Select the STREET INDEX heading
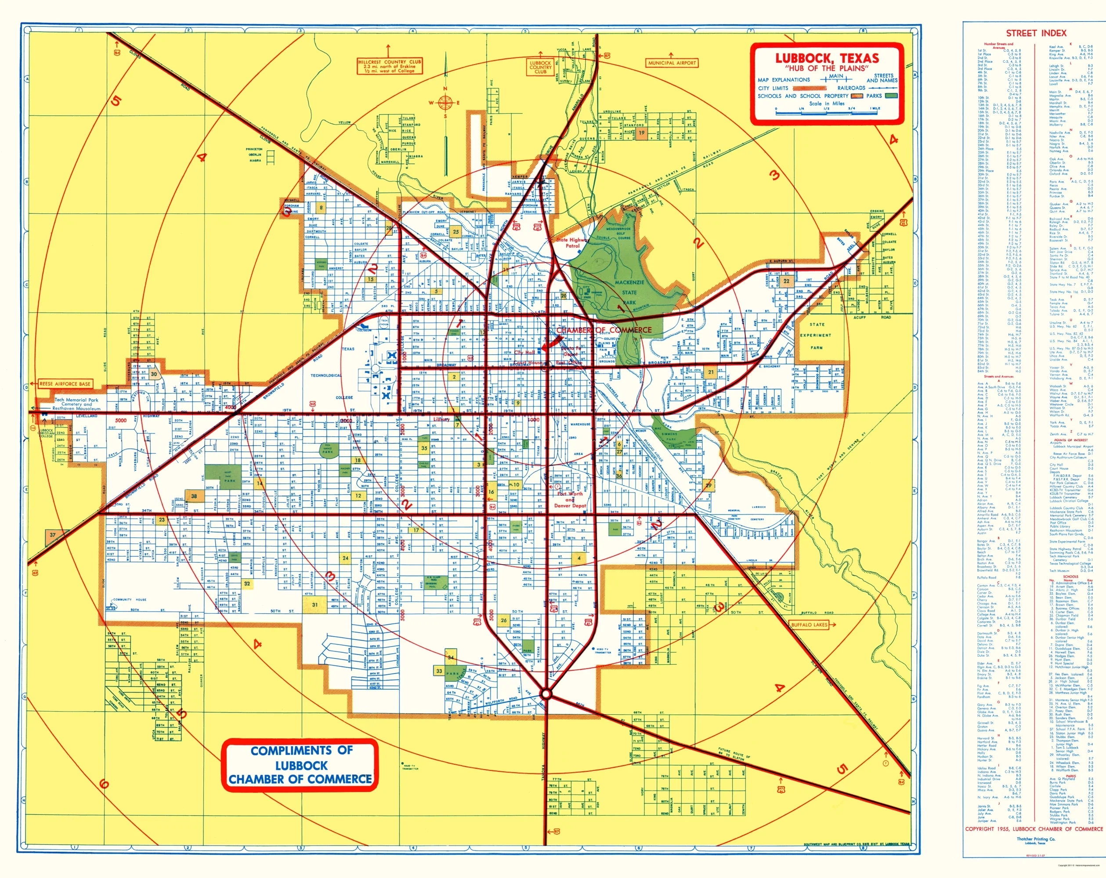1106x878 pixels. click(1036, 33)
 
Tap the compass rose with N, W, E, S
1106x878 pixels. click(445, 103)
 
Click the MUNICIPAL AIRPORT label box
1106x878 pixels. click(672, 63)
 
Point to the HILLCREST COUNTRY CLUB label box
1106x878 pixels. click(389, 66)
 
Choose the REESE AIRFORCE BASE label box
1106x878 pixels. click(65, 384)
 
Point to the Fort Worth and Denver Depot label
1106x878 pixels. click(570, 500)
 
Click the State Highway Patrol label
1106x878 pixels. click(572, 243)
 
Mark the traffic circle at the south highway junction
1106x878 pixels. click(546, 694)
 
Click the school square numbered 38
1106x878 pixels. click(194, 497)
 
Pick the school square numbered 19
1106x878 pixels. click(641, 133)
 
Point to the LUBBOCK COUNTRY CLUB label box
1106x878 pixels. click(540, 67)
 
